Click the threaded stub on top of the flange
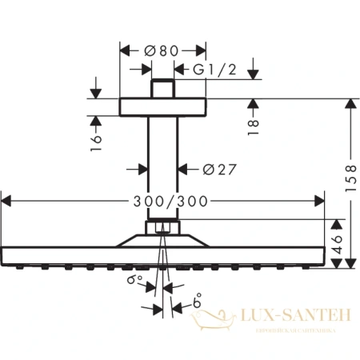(x=162, y=89)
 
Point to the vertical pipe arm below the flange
(x=162, y=172)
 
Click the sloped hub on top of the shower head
(x=162, y=239)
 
